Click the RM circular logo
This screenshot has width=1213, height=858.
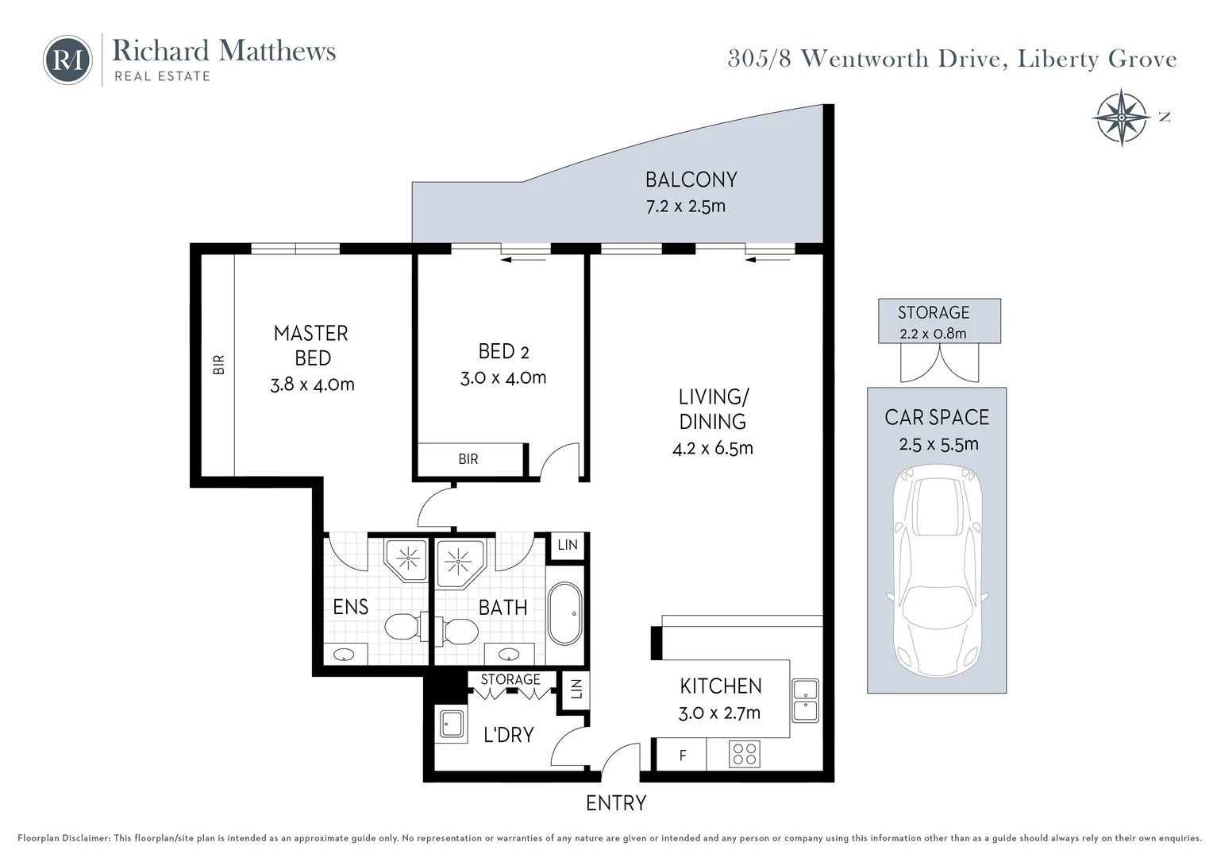(67, 60)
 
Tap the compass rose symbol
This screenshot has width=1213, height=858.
(1121, 118)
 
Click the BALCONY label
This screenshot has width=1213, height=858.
(691, 180)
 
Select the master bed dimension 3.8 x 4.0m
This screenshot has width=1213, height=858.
(312, 385)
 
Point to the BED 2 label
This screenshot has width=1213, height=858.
(503, 351)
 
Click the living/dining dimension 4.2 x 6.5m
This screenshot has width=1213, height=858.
(712, 448)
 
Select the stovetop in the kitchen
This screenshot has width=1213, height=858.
(745, 754)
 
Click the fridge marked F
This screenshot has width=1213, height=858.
(681, 756)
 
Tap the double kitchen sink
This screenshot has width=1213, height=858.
(805, 700)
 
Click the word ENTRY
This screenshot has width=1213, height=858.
(615, 803)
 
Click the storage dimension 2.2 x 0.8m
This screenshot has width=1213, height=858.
(933, 334)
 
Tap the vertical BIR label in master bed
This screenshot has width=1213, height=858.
(219, 364)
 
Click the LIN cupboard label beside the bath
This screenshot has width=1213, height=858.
(567, 545)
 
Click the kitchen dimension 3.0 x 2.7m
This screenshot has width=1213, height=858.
(719, 713)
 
